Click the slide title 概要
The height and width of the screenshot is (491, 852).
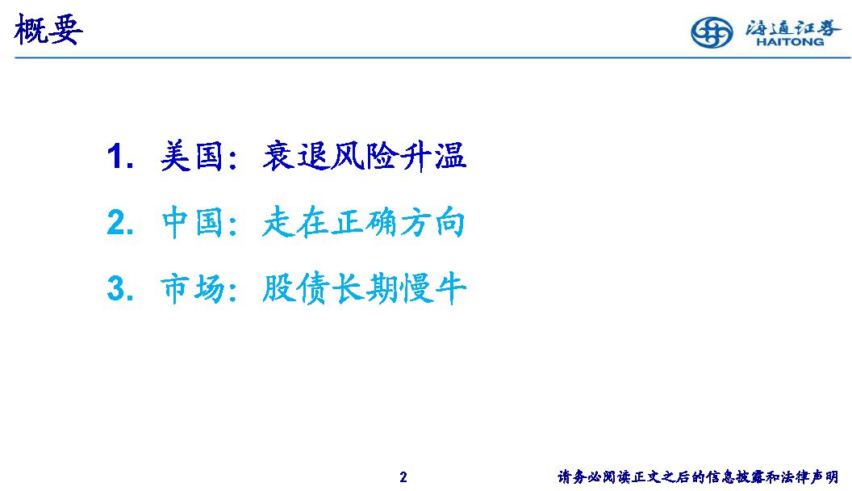48,29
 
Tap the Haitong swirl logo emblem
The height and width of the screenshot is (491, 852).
712,32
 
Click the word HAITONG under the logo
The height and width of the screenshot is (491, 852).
790,41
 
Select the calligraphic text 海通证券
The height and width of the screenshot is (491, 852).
793,27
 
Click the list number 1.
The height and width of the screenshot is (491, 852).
119,157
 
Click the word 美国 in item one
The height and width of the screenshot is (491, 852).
191,156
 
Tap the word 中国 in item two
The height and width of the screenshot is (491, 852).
191,222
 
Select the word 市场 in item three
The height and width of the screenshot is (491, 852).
191,288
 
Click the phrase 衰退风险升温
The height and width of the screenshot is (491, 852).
364,156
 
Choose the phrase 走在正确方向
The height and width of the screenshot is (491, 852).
364,222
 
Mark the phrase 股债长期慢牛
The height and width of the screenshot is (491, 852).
364,288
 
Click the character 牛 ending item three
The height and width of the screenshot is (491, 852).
450,288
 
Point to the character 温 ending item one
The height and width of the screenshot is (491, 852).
450,156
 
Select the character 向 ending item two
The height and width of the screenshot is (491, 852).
450,222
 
